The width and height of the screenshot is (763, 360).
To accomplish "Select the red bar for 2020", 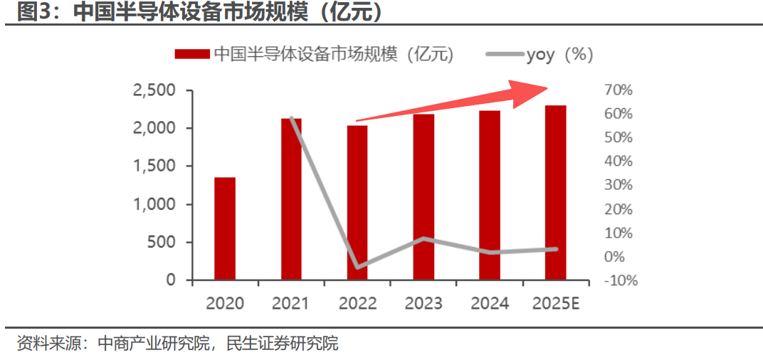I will (x=225, y=228).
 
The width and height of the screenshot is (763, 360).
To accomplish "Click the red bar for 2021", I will (x=291, y=199).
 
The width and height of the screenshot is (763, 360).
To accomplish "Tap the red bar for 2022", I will (x=357, y=203).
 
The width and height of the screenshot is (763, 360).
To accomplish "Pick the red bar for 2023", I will (x=423, y=197).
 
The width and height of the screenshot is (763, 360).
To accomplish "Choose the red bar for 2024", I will (x=490, y=195).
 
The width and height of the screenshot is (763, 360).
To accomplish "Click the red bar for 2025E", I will (x=556, y=193).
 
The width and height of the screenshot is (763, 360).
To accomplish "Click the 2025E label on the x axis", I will (x=557, y=303).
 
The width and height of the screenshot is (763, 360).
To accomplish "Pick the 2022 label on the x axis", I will (x=357, y=303).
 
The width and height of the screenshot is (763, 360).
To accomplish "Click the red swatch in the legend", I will (x=191, y=54).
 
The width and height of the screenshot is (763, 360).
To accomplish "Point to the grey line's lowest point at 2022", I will (x=357, y=268).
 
